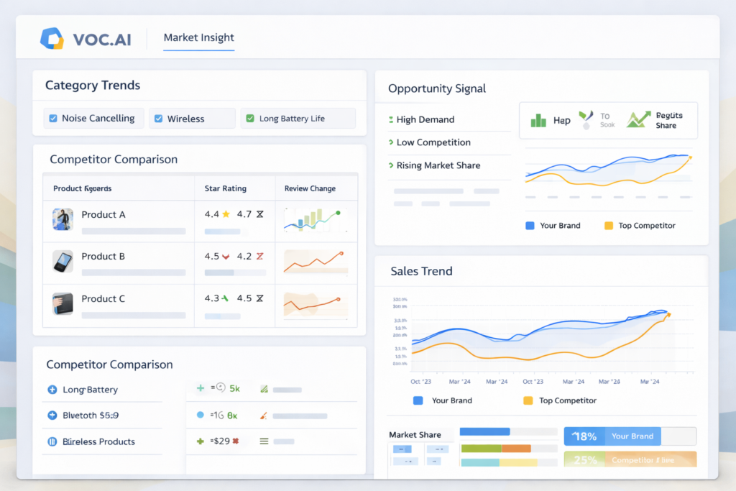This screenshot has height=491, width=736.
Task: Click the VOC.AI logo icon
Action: pyautogui.click(x=52, y=38)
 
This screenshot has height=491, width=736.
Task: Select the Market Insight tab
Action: pyautogui.click(x=198, y=37)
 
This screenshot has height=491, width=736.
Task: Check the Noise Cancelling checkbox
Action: pyautogui.click(x=53, y=119)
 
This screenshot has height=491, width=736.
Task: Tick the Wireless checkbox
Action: pyautogui.click(x=158, y=119)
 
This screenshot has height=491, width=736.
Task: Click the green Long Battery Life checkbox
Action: pyautogui.click(x=250, y=119)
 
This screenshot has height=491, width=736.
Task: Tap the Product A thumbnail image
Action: pyautogui.click(x=63, y=219)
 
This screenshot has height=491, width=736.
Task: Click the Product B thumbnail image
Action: pyautogui.click(x=63, y=261)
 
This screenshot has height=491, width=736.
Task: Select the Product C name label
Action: pyautogui.click(x=103, y=299)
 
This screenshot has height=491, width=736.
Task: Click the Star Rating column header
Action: pyautogui.click(x=225, y=188)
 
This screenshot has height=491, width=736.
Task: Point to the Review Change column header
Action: pyautogui.click(x=310, y=188)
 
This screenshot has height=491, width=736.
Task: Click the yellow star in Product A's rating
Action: pyautogui.click(x=226, y=214)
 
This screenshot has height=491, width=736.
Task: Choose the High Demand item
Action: pyautogui.click(x=425, y=120)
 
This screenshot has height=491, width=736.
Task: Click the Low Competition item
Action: pyautogui.click(x=433, y=142)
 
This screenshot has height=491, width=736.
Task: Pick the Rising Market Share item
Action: pyautogui.click(x=438, y=165)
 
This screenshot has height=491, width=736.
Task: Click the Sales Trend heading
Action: pyautogui.click(x=421, y=271)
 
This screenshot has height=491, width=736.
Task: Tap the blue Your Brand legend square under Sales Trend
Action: pyautogui.click(x=418, y=400)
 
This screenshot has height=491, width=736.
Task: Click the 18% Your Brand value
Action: pyautogui.click(x=586, y=436)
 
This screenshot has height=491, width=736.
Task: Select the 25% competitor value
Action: pyautogui.click(x=586, y=459)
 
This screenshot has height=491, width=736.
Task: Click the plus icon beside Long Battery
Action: pyautogui.click(x=52, y=390)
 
